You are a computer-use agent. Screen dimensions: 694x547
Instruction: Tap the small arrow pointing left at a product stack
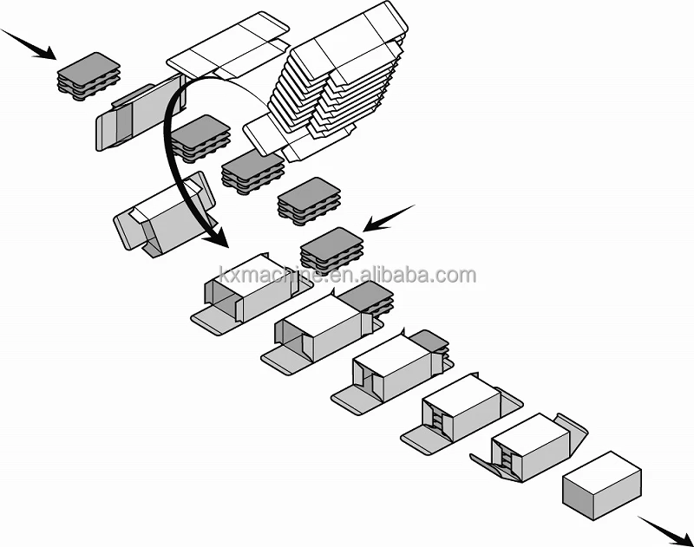coord(387,218)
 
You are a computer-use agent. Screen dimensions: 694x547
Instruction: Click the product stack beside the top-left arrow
coord(88,74)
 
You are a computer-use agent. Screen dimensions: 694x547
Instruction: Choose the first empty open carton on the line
coord(247,290)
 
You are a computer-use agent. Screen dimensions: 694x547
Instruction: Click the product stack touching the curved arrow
coord(200,136)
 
